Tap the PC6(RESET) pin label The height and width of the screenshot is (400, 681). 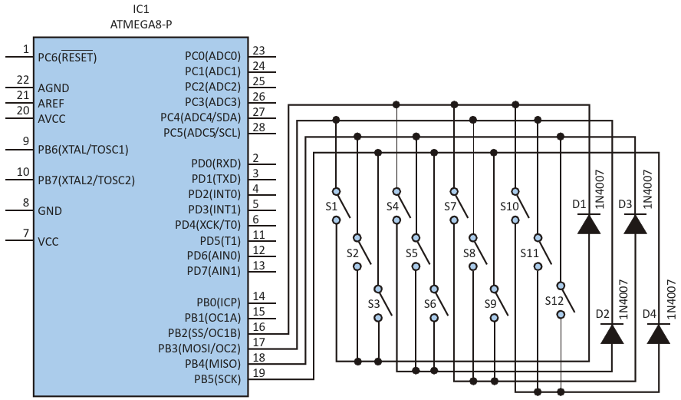click(x=67, y=57)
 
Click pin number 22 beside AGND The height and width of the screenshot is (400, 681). click(x=22, y=80)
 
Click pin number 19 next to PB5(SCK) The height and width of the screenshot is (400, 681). click(x=258, y=373)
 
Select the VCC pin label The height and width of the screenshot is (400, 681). click(x=48, y=241)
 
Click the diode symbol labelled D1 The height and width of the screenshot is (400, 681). click(x=589, y=223)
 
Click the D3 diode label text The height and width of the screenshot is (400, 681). click(x=624, y=204)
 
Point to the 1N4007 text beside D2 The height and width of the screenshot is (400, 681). click(x=623, y=299)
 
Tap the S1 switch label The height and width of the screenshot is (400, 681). click(x=331, y=206)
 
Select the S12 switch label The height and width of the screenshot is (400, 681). click(x=554, y=300)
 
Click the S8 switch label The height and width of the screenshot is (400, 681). click(x=469, y=253)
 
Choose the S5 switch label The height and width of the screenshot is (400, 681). click(x=411, y=253)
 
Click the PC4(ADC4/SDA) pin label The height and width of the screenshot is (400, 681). click(x=199, y=117)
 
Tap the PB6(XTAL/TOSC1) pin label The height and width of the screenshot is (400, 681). click(x=83, y=149)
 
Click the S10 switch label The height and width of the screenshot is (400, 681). click(x=509, y=206)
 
